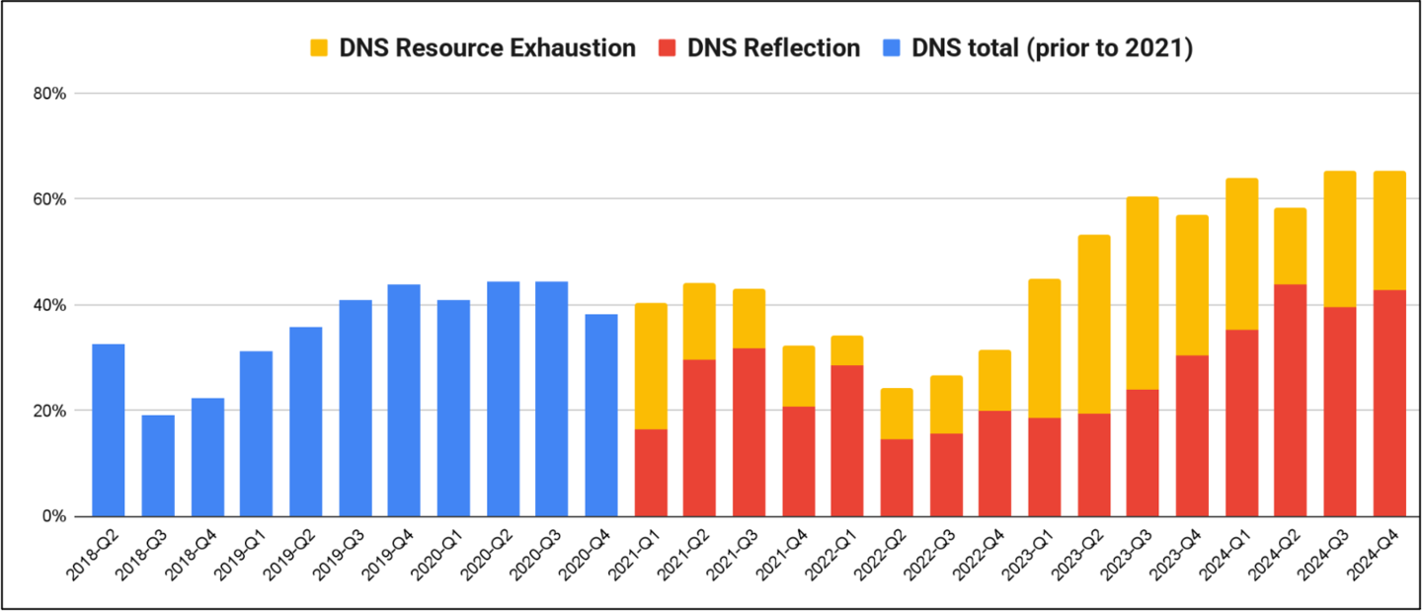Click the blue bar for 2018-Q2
[108, 429]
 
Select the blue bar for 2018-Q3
[157, 465]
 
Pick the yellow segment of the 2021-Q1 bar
[651, 366]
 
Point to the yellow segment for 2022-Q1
[847, 350]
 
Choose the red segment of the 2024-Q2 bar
[1290, 400]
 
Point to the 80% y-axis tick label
[48, 94]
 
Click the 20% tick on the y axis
[48, 411]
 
